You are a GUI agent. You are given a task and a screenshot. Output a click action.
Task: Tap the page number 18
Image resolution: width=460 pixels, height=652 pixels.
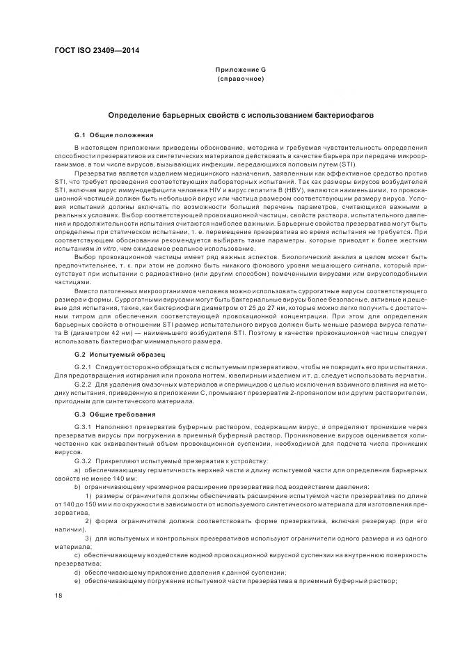pyautogui.click(x=58, y=595)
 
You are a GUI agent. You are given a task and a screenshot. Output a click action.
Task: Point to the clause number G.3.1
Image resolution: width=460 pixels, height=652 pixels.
pyautogui.click(x=83, y=427)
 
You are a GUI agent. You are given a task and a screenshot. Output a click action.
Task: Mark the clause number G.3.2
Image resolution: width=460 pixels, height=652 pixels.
pyautogui.click(x=83, y=461)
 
